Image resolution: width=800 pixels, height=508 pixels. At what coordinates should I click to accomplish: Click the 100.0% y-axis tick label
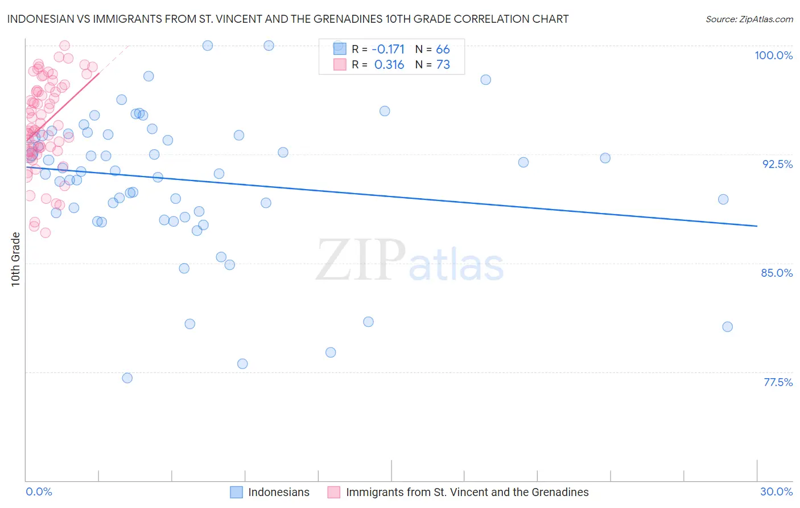point(773,55)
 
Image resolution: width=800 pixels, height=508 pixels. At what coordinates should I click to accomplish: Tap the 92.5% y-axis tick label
point(777,164)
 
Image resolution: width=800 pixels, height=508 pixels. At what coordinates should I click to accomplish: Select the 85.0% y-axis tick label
point(777,273)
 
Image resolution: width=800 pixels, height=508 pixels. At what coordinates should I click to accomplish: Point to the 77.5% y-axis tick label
point(778,382)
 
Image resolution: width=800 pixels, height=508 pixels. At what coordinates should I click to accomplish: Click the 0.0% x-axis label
point(39,491)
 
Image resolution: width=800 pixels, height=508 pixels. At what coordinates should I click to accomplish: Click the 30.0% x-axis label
point(776,491)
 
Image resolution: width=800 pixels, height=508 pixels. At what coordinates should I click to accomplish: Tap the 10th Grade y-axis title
point(15,259)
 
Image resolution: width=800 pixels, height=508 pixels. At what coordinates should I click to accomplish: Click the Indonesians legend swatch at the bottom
point(236,492)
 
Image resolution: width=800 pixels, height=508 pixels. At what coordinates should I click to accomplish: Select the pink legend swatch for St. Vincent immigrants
point(333,492)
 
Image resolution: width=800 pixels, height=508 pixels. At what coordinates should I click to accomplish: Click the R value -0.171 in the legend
point(388,50)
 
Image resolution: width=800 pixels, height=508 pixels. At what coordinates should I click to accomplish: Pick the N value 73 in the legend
point(443,65)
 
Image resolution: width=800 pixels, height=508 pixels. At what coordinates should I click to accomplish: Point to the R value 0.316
point(389,65)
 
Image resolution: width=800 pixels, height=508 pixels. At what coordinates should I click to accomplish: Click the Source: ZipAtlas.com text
point(749,19)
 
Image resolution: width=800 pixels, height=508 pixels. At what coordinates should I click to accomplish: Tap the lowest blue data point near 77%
point(127,378)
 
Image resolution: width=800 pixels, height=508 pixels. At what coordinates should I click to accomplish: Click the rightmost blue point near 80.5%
point(727,327)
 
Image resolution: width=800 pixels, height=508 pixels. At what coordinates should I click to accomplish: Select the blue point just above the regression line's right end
point(723,199)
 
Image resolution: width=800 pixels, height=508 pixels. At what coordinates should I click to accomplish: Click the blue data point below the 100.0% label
point(485,80)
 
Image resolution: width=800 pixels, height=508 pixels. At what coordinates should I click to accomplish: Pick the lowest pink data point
point(46,232)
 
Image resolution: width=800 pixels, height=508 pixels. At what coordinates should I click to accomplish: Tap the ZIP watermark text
point(360,260)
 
